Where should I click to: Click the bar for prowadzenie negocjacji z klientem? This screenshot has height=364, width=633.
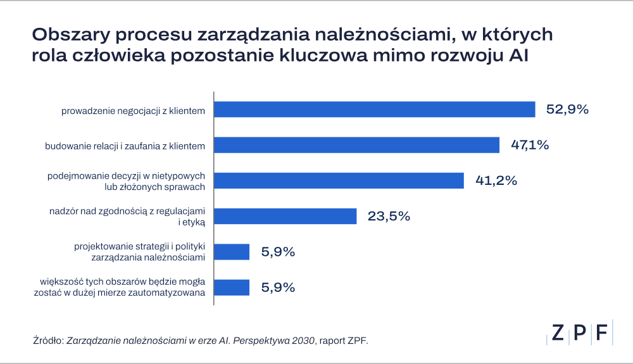pyautogui.click(x=375, y=110)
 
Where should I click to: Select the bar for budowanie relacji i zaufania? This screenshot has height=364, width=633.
pyautogui.click(x=356, y=145)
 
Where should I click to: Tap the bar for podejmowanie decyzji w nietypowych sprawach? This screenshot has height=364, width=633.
pyautogui.click(x=339, y=180)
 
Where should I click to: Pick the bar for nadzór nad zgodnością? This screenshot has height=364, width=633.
pyautogui.click(x=285, y=216)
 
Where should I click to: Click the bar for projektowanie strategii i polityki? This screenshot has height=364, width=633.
pyautogui.click(x=232, y=252)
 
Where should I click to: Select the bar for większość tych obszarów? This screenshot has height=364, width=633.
pyautogui.click(x=232, y=287)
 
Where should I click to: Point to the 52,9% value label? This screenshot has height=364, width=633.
pyautogui.click(x=567, y=110)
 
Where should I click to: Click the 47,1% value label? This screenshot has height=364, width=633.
pyautogui.click(x=530, y=145)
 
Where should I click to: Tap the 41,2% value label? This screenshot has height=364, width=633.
pyautogui.click(x=496, y=180)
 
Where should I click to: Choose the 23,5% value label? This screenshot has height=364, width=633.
pyautogui.click(x=389, y=217)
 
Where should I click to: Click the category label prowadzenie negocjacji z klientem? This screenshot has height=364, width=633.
pyautogui.click(x=133, y=111)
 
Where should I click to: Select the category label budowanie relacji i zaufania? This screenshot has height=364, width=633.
pyautogui.click(x=125, y=146)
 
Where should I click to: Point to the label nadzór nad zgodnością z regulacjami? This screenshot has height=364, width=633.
pyautogui.click(x=127, y=217)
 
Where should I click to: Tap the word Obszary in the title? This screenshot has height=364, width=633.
pyautogui.click(x=71, y=35)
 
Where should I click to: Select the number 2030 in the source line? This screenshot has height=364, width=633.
pyautogui.click(x=303, y=341)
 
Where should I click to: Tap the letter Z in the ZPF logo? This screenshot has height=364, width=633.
pyautogui.click(x=558, y=333)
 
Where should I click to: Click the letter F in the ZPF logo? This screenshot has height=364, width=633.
pyautogui.click(x=601, y=333)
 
